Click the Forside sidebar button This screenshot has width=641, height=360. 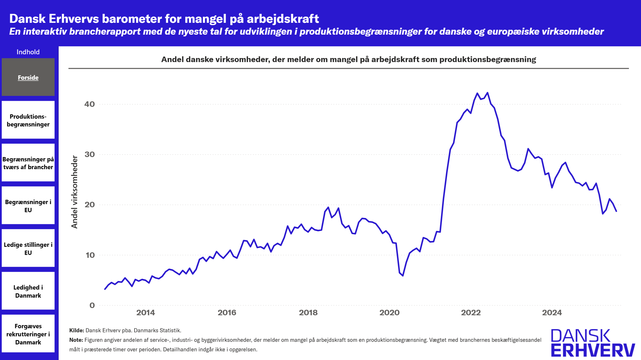[x=28, y=77]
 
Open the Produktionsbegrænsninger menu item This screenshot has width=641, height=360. [x=28, y=120]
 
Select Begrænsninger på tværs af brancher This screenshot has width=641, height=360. [x=28, y=163]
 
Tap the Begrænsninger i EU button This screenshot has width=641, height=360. [x=28, y=206]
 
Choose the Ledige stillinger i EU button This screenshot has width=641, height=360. [x=28, y=248]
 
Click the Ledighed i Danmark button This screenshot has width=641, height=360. [x=28, y=291]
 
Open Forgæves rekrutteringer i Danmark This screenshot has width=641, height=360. [x=28, y=334]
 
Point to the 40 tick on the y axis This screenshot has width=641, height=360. [x=90, y=104]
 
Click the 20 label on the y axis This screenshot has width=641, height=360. [x=90, y=205]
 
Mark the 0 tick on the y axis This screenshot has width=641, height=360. [x=92, y=305]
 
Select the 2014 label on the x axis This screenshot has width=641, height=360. [x=145, y=313]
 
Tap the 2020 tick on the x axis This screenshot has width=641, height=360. [x=389, y=313]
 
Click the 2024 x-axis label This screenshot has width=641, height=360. [x=552, y=313]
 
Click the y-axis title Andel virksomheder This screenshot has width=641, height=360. [x=75, y=192]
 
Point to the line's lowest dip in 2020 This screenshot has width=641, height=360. [x=403, y=275]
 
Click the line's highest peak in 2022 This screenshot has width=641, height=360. [x=488, y=93]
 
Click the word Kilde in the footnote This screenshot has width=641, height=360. [x=76, y=330]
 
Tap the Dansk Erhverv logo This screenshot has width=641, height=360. [x=593, y=343]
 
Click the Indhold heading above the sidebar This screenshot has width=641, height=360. [x=28, y=52]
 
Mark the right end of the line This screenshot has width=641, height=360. [x=616, y=211]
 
